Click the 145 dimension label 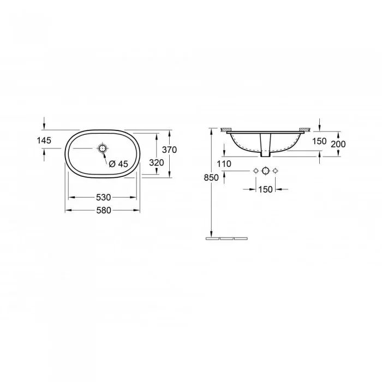44,140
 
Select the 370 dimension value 169,150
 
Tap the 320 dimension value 157,163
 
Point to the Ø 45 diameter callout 118,164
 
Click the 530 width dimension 103,198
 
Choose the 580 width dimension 104,210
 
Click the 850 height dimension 211,178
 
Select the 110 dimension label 224,164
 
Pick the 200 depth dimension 338,144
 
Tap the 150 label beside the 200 319,141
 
